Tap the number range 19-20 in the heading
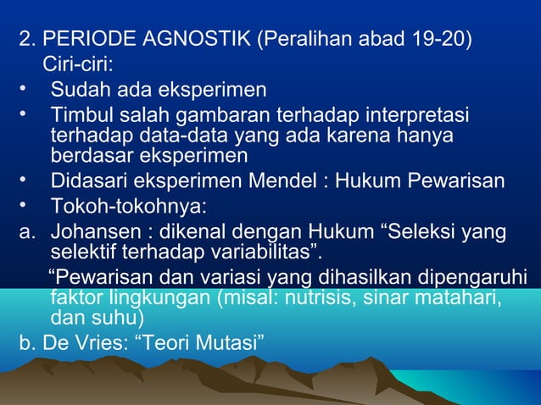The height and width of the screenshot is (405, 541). pyautogui.click(x=433, y=40)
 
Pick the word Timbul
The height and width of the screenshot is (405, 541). pyautogui.click(x=78, y=114)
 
